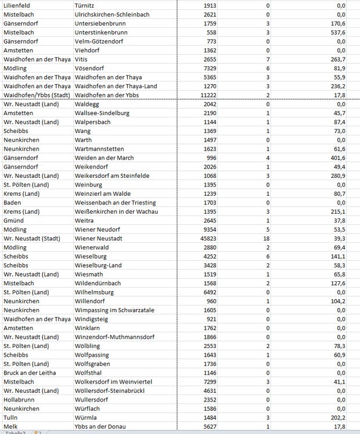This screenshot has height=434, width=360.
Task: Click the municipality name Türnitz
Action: coord(86,5)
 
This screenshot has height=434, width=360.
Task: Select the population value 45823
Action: coord(206,238)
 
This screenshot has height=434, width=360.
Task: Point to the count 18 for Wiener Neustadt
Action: coord(266,238)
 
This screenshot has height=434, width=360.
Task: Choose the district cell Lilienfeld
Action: coord(18,5)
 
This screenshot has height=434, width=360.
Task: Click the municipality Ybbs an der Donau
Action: coord(100,426)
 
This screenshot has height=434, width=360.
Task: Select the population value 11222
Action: coord(206,95)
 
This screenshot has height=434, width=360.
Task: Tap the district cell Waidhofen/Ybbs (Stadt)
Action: coord(37,95)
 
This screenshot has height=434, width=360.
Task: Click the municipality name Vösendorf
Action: coord(91,68)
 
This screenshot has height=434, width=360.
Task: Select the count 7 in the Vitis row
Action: coord(268,59)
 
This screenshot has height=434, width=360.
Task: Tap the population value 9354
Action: coord(208,229)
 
